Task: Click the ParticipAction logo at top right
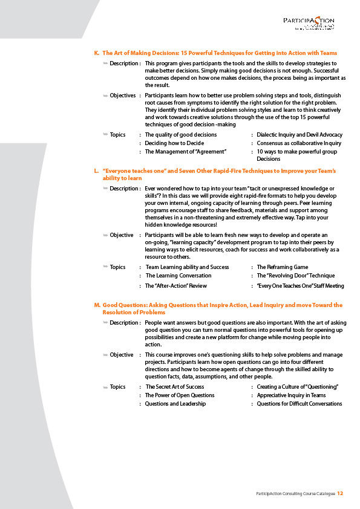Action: click(309, 23)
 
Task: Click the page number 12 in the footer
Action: click(341, 493)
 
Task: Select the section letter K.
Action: click(97, 53)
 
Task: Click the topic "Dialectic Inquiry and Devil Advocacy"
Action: click(299, 134)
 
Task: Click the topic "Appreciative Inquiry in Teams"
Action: click(291, 395)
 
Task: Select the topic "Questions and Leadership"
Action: click(175, 404)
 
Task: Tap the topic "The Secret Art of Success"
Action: click(175, 387)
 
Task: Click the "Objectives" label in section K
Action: click(123, 96)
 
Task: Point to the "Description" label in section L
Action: click(124, 189)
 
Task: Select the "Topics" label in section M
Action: click(117, 387)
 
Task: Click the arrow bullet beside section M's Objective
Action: click(105, 355)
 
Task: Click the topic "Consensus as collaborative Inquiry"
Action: click(299, 143)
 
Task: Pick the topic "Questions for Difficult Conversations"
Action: click(299, 404)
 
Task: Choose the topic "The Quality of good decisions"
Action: click(181, 134)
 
